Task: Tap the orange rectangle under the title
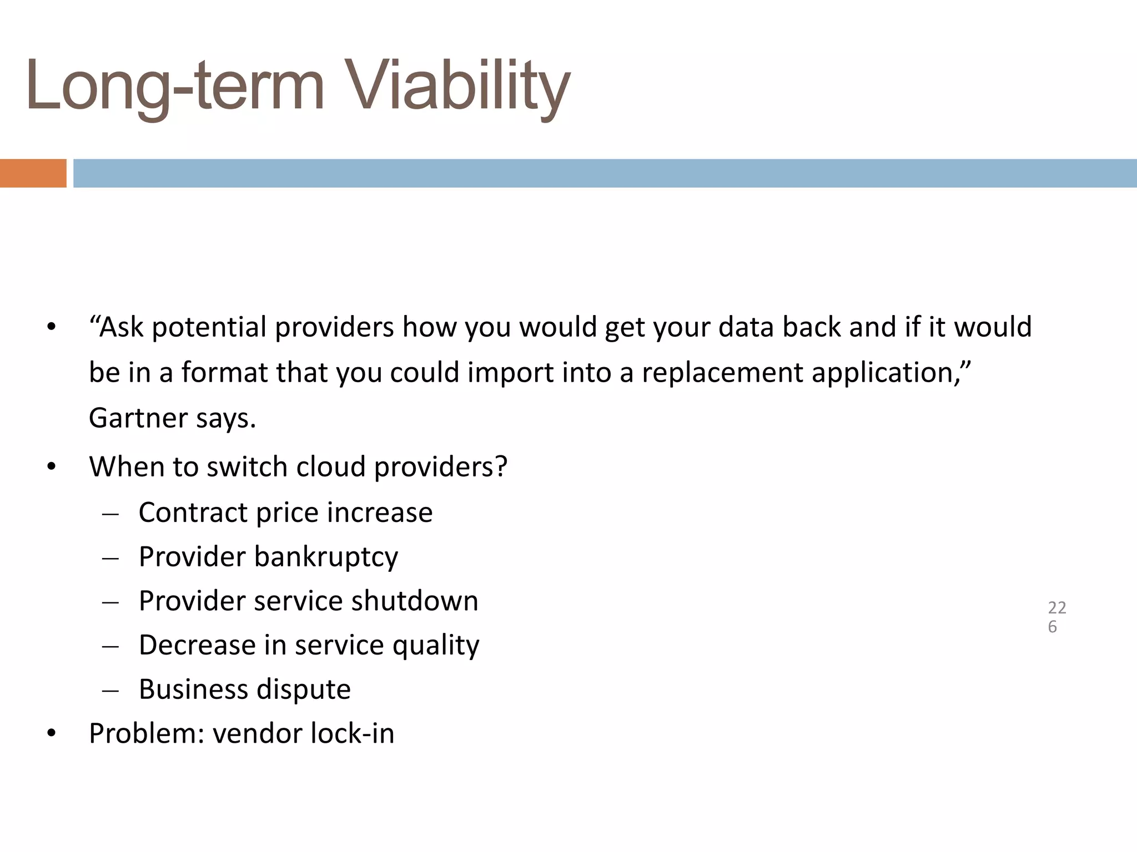33,173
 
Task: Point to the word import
510,372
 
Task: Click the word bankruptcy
326,557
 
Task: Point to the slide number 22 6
1056,617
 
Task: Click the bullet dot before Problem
52,734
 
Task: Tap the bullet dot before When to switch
52,467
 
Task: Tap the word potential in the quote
209,327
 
